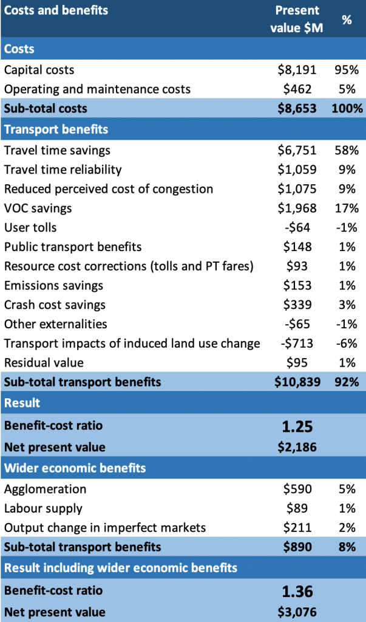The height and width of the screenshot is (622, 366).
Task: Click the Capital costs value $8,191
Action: click(x=297, y=70)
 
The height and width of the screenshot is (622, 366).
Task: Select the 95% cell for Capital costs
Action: click(x=347, y=70)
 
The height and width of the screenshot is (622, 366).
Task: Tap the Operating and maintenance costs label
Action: click(x=97, y=89)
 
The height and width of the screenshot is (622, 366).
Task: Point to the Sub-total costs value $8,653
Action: click(x=297, y=109)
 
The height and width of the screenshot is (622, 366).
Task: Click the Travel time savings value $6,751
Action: click(x=297, y=150)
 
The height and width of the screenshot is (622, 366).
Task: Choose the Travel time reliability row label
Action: click(x=63, y=170)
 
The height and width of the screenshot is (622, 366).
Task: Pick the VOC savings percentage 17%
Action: click(x=347, y=209)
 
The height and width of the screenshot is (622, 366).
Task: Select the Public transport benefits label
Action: click(x=73, y=247)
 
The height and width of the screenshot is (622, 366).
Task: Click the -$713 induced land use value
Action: click(x=297, y=344)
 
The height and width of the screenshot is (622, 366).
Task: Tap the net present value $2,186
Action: click(x=297, y=447)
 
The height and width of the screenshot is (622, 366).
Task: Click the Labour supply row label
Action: click(x=43, y=508)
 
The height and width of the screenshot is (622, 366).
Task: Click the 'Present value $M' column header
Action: click(x=297, y=19)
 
